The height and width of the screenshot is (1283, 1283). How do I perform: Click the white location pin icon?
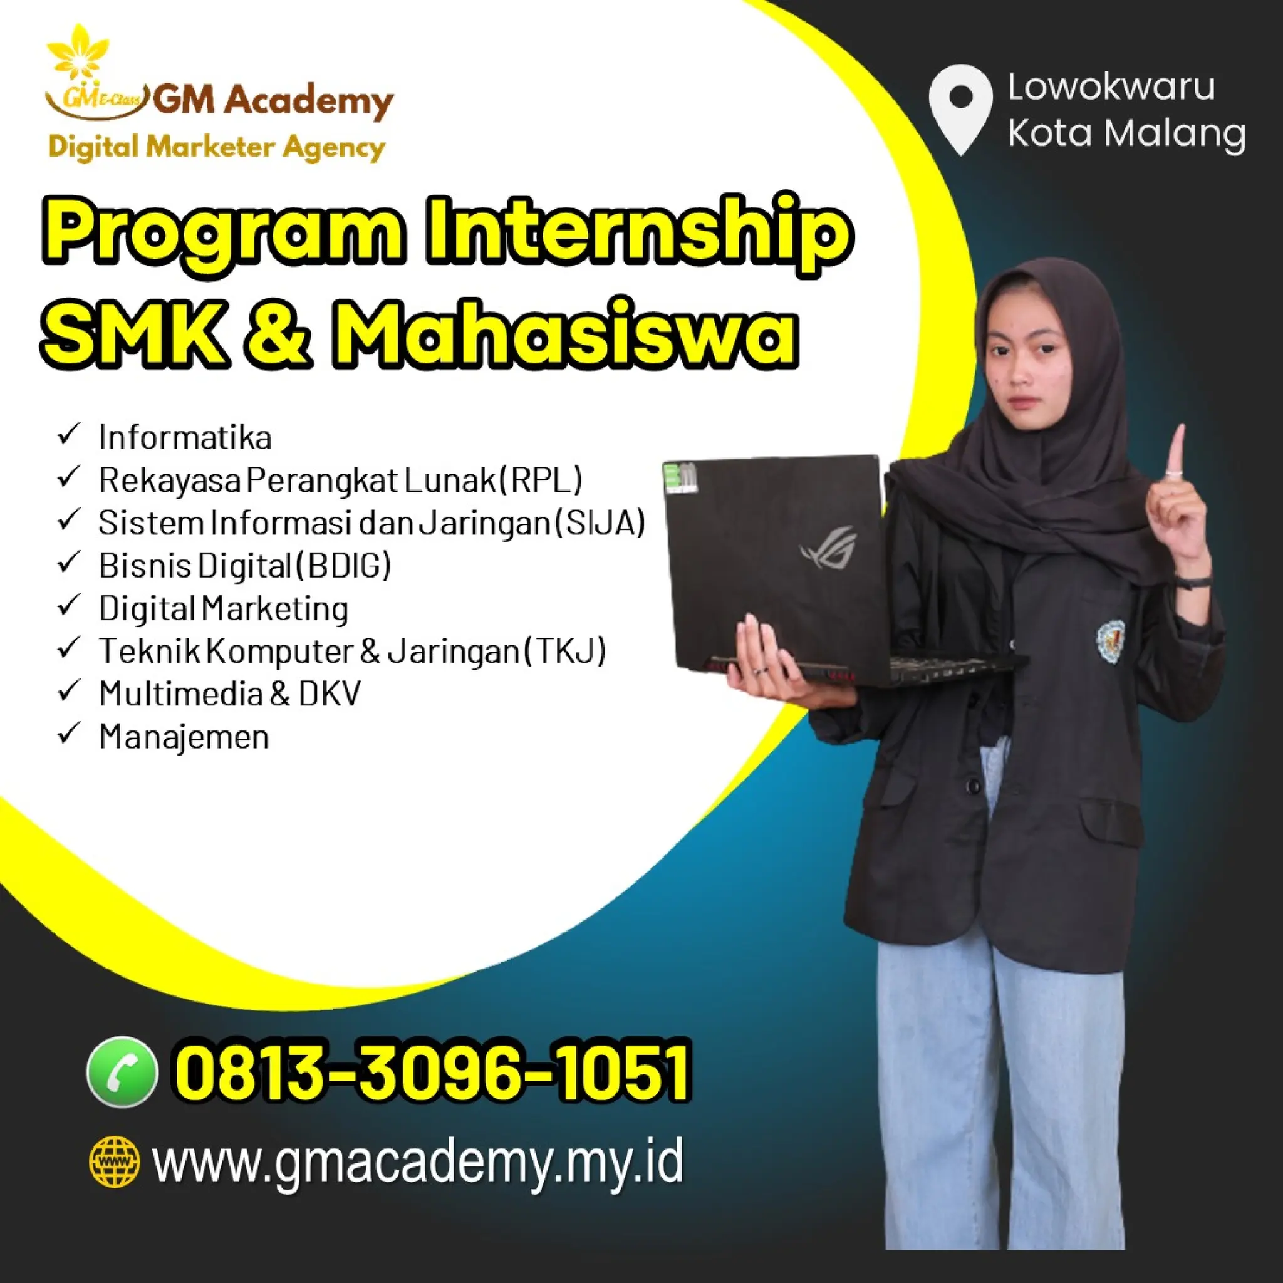pyautogui.click(x=960, y=106)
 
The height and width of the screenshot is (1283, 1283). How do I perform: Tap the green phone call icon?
pyautogui.click(x=122, y=1072)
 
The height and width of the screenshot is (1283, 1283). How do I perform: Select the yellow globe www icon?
pyautogui.click(x=115, y=1161)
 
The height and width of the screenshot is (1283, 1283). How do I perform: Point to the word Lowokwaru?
pyautogui.click(x=1111, y=87)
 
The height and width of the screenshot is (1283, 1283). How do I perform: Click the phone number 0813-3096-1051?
pyautogui.click(x=432, y=1072)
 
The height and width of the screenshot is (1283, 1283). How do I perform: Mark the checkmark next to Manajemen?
pyautogui.click(x=69, y=734)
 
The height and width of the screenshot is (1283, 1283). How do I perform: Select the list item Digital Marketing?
pyautogui.click(x=223, y=608)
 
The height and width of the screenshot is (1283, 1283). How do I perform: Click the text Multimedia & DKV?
pyautogui.click(x=229, y=694)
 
